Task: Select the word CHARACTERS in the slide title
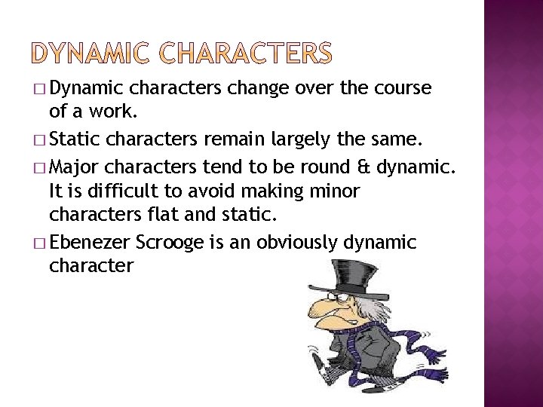tap(245, 53)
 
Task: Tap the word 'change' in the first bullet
tap(256, 89)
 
